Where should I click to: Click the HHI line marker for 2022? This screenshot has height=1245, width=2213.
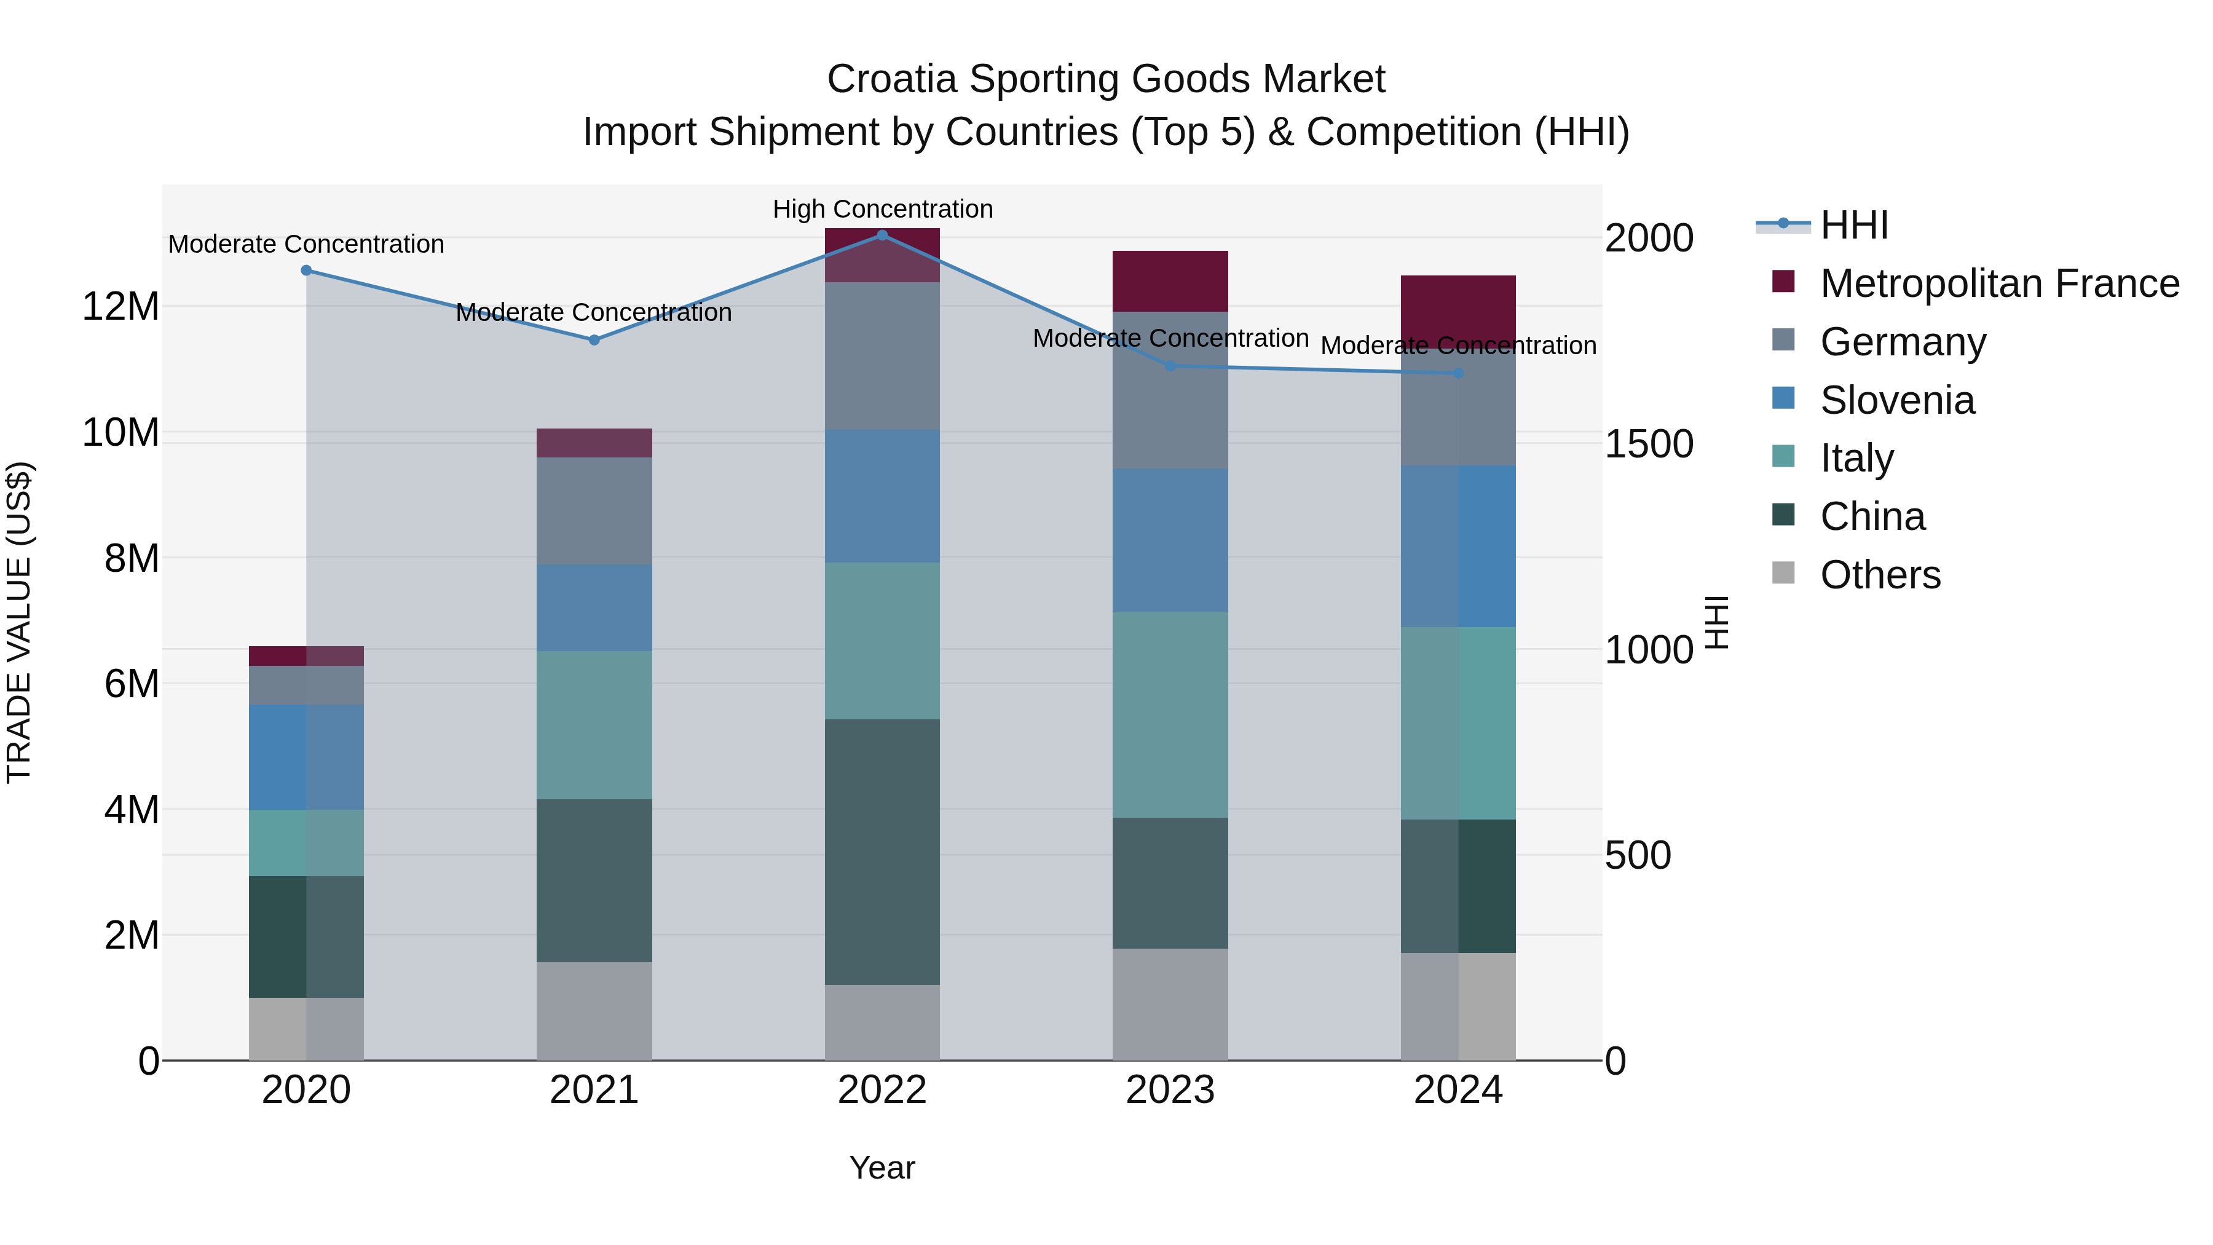[x=882, y=235]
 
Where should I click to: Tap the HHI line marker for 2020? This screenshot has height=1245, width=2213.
[x=306, y=271]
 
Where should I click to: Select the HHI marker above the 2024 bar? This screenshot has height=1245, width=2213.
[x=1458, y=373]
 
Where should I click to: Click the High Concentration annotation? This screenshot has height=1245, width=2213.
[x=882, y=209]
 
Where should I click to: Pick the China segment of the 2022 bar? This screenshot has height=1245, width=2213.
[x=882, y=852]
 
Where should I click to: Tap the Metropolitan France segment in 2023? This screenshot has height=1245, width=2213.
[x=1170, y=281]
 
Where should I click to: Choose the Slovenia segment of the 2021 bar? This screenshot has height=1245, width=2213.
[x=594, y=607]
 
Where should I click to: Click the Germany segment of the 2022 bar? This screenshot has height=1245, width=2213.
[x=882, y=356]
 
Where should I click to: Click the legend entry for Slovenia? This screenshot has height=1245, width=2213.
[x=1897, y=400]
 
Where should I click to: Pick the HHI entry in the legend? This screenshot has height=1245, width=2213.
[x=1854, y=225]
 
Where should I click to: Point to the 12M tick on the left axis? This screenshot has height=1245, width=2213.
[x=120, y=307]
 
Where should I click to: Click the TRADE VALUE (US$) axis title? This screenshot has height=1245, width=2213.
[x=19, y=622]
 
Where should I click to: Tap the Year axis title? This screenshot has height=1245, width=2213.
[x=882, y=1168]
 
